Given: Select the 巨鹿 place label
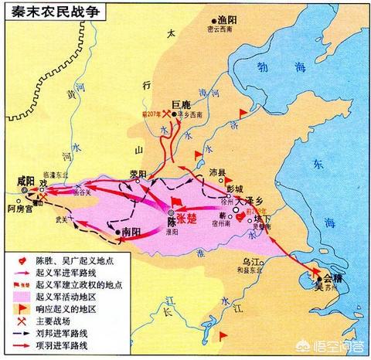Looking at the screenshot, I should [x=180, y=102].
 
